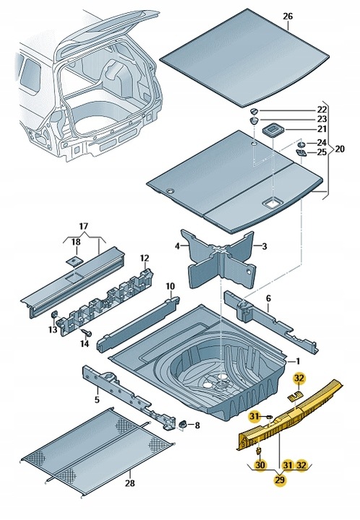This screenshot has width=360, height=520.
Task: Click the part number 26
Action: click(x=288, y=16)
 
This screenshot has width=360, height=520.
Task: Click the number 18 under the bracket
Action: click(x=76, y=243)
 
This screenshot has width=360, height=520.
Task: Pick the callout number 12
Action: click(x=144, y=259)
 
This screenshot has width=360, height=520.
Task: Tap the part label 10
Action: click(x=169, y=286)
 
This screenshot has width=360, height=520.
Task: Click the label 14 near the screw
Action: click(x=85, y=344)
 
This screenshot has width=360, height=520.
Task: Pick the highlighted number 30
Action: click(x=260, y=466)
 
